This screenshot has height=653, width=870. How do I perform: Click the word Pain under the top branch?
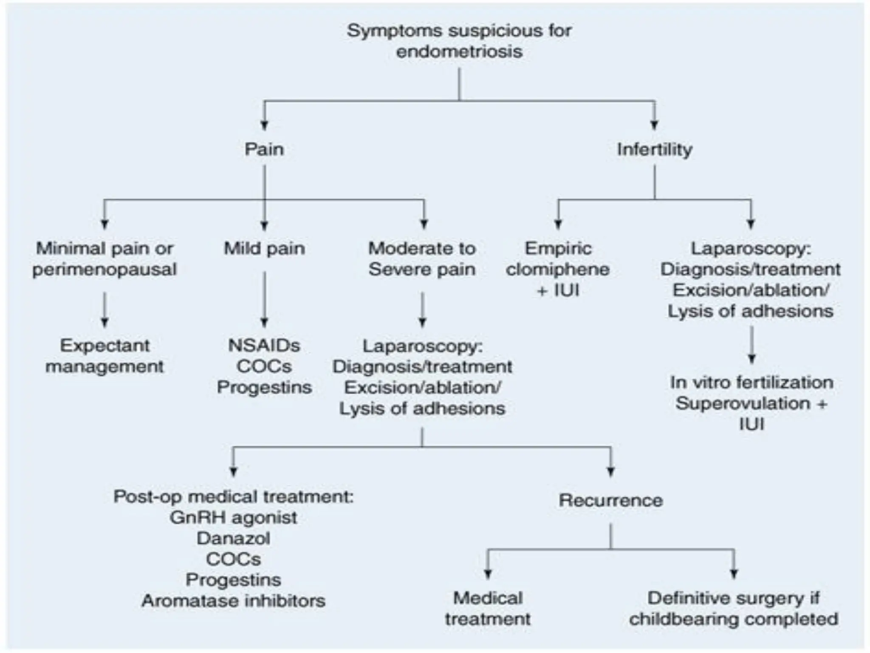pyautogui.click(x=264, y=150)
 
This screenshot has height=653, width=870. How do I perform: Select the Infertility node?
pyautogui.click(x=654, y=150)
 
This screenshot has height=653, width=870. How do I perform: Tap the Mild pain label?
pyautogui.click(x=264, y=249)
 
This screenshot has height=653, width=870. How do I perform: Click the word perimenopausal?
pyautogui.click(x=105, y=270)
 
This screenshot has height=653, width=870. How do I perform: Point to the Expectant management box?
pyautogui.click(x=105, y=356)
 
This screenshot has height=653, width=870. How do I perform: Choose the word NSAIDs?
pyautogui.click(x=264, y=346)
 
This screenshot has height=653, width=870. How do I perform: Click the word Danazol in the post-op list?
pyautogui.click(x=233, y=539)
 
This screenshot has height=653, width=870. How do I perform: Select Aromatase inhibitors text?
pyautogui.click(x=233, y=601)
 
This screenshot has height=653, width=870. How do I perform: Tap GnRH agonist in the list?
pyautogui.click(x=233, y=518)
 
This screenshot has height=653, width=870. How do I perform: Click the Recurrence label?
pyautogui.click(x=610, y=500)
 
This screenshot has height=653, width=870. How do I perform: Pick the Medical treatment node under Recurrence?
pyautogui.click(x=488, y=608)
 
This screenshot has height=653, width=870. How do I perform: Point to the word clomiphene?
pyautogui.click(x=558, y=270)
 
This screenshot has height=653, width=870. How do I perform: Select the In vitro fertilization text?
pyautogui.click(x=751, y=383)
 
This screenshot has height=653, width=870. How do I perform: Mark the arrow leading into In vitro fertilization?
pyautogui.click(x=751, y=345)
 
